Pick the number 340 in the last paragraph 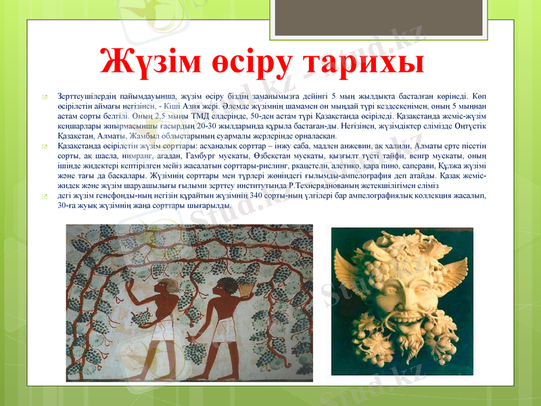click(x=256, y=196)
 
